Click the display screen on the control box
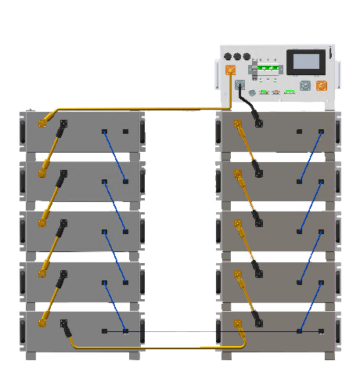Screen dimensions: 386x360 pyautogui.click(x=301, y=63)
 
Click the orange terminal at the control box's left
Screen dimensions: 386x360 pyautogui.click(x=230, y=70)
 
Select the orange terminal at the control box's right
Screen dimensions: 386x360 pyautogui.click(x=321, y=86)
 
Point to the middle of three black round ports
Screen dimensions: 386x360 pyautogui.click(x=239, y=57)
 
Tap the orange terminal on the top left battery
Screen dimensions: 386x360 pyautogui.click(x=45, y=123)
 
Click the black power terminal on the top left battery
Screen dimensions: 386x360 pyautogui.click(x=63, y=124)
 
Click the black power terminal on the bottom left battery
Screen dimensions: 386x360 pyautogui.click(x=63, y=323)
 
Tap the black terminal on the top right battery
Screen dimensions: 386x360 pyautogui.click(x=257, y=124)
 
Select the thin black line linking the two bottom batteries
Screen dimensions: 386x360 pyautogui.click(x=172, y=331)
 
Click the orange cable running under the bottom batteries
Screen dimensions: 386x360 pyautogui.click(x=157, y=346)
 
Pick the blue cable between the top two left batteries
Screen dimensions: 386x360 pyautogui.click(x=115, y=157)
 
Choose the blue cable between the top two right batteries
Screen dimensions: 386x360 pyautogui.click(x=310, y=157)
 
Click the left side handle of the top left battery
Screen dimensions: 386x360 pyautogui.click(x=22, y=132)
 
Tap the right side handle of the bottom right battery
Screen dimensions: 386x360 pyautogui.click(x=338, y=332)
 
